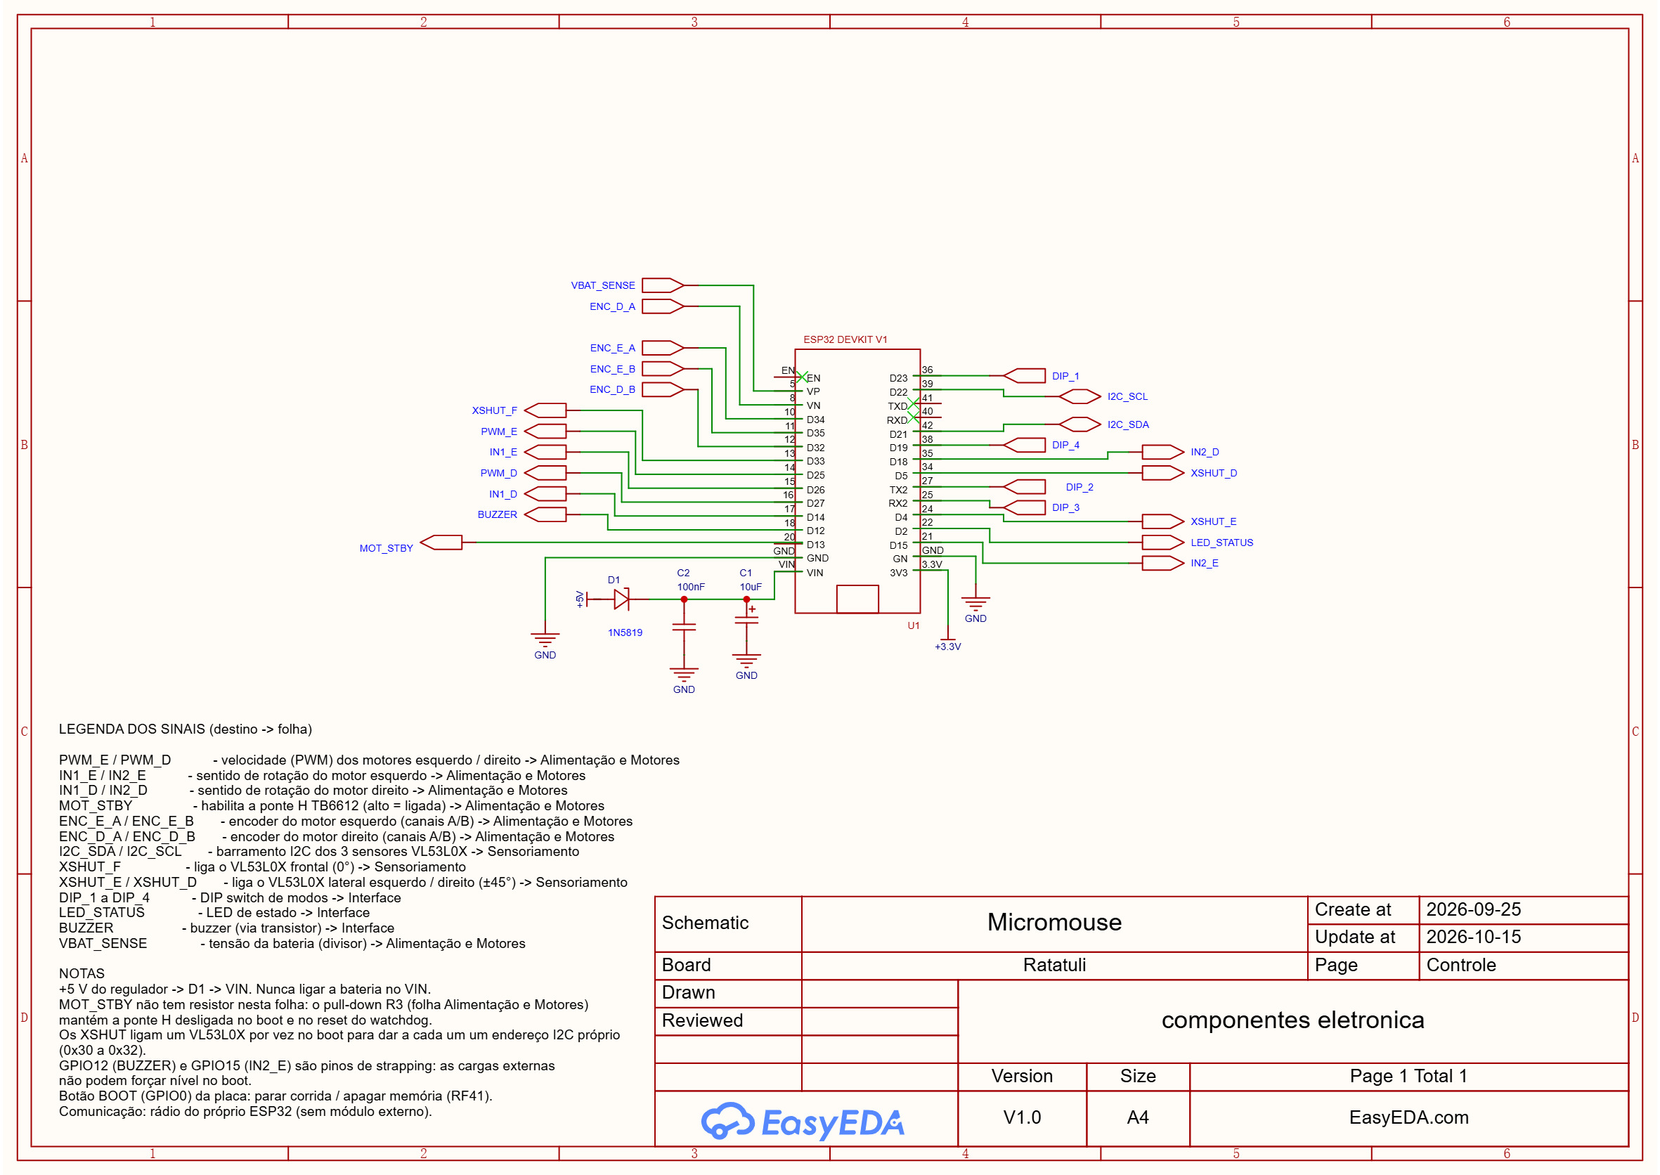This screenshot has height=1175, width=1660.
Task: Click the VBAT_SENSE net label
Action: click(x=603, y=285)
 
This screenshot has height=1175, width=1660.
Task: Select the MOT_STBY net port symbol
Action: click(x=441, y=543)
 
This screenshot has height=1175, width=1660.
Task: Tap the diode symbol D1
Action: click(x=621, y=599)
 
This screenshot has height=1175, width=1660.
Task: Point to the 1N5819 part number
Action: click(x=625, y=632)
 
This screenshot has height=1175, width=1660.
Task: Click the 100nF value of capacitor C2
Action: click(x=691, y=587)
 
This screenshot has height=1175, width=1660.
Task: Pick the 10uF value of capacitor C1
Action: click(x=751, y=587)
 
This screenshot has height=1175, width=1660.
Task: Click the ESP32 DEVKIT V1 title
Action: click(x=845, y=339)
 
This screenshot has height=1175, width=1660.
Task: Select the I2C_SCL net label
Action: click(x=1127, y=396)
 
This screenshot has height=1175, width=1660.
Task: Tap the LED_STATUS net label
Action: click(x=1222, y=543)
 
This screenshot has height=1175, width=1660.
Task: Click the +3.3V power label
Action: click(x=948, y=647)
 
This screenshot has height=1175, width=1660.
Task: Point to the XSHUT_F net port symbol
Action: click(x=545, y=410)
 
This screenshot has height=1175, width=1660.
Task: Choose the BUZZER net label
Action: click(x=497, y=514)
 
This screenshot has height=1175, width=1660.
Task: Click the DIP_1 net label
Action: click(x=1065, y=376)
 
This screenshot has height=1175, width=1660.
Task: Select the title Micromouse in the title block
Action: click(x=1054, y=922)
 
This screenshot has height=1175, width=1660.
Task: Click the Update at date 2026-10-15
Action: click(x=1473, y=937)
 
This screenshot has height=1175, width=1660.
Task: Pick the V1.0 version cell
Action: click(x=1022, y=1118)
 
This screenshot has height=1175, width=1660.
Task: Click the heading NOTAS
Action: click(x=82, y=974)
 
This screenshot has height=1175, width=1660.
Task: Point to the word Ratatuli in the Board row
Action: click(x=1054, y=965)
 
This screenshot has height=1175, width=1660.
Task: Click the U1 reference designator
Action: click(x=914, y=626)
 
